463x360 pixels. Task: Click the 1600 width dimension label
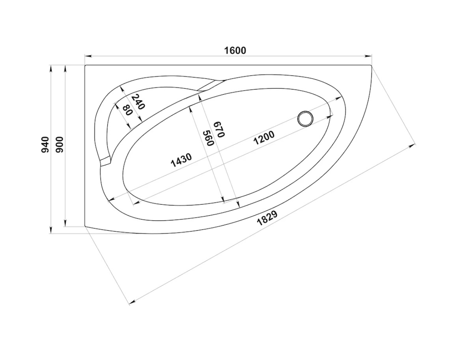coord(235,50)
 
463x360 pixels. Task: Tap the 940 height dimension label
coord(45,145)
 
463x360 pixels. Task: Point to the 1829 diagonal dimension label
coord(267,218)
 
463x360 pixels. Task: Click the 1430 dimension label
coord(181,160)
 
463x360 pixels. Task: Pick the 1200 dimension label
coord(264,138)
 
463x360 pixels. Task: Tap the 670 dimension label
coord(219,129)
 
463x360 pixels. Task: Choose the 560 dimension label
coord(209,138)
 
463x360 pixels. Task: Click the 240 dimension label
coord(138,102)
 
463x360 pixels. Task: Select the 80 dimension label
coord(127,110)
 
